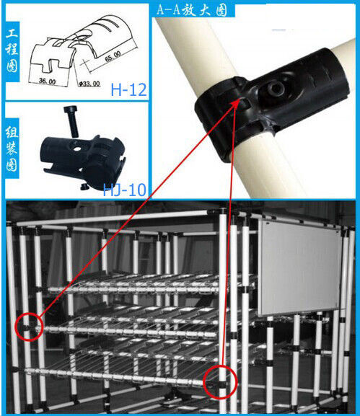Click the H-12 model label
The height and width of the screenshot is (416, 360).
pyautogui.click(x=128, y=89)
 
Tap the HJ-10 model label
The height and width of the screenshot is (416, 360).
pyautogui.click(x=124, y=190)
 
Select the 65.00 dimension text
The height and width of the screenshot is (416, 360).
pyautogui.click(x=113, y=56)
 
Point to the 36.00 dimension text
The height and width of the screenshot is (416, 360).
pyautogui.click(x=47, y=81)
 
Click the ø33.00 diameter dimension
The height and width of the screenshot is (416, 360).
pyautogui.click(x=89, y=84)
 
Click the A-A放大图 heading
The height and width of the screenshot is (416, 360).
pyautogui.click(x=192, y=10)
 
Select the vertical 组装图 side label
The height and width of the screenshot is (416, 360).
pyautogui.click(x=12, y=149)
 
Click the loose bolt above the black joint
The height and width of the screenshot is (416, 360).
pyautogui.click(x=71, y=121)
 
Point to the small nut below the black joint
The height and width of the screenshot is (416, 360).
pyautogui.click(x=84, y=187)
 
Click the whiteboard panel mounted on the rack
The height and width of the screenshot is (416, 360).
pyautogui.click(x=299, y=267)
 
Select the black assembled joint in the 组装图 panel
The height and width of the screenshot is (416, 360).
pyautogui.click(x=82, y=161)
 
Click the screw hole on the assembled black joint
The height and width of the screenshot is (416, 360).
pyautogui.click(x=77, y=149)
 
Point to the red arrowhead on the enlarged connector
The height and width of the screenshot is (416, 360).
pyautogui.click(x=237, y=104)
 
